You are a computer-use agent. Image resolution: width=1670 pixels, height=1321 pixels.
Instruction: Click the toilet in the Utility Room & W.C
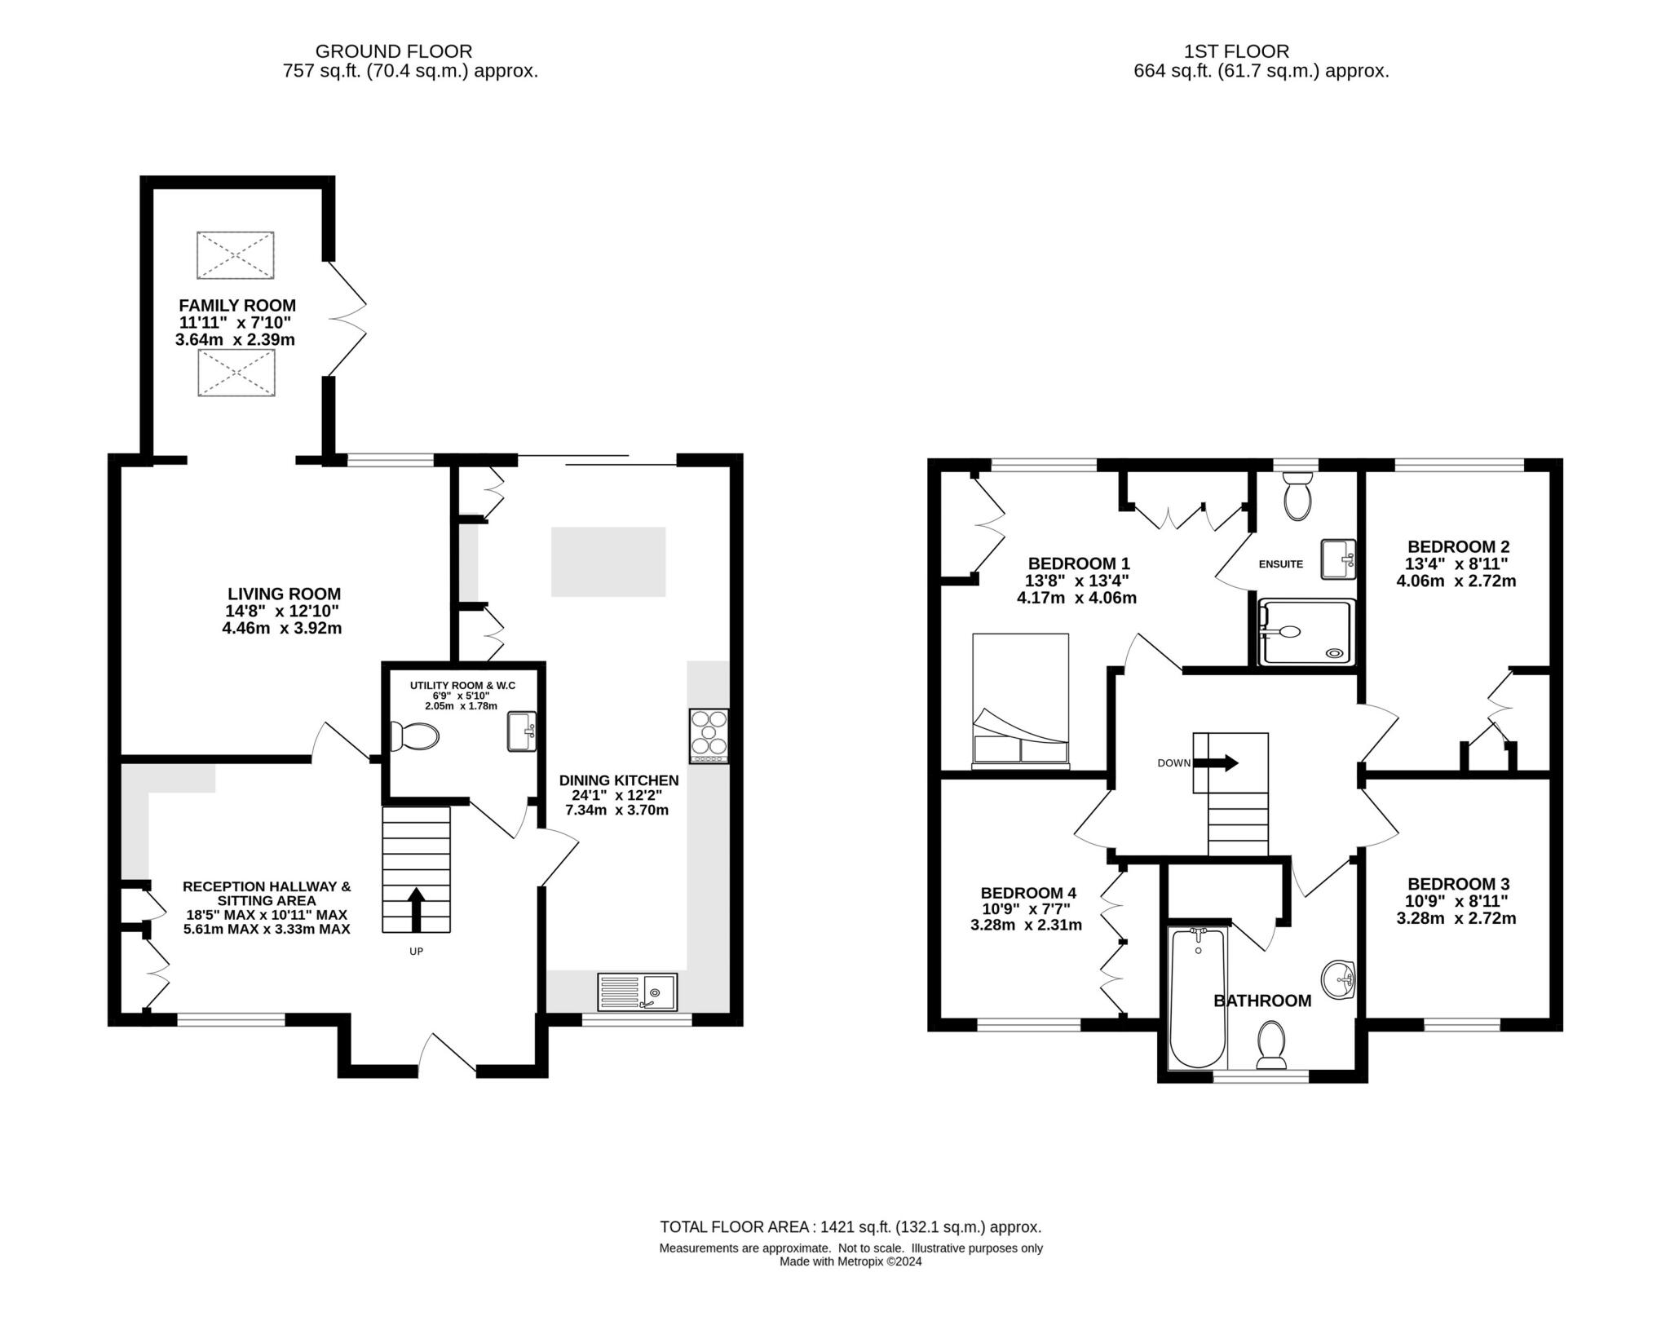point(414,736)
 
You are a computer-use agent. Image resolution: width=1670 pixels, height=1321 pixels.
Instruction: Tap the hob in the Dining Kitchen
point(709,736)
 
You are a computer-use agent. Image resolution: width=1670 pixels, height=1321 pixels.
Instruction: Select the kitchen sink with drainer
point(637,992)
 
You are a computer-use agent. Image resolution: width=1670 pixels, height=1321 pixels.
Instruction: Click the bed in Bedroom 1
point(1020,700)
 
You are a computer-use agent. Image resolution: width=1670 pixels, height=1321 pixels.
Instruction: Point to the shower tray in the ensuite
point(1306,632)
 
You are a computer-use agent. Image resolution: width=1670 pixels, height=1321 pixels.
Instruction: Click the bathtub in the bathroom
point(1198,998)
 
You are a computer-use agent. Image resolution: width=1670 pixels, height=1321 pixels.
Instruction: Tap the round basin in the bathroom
point(1338,979)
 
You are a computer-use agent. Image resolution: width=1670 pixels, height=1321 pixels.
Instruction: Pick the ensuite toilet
point(1297,497)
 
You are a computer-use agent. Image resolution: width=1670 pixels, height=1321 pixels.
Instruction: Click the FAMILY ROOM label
point(237,306)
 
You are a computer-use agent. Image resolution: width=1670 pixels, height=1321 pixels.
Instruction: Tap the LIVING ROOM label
point(284,594)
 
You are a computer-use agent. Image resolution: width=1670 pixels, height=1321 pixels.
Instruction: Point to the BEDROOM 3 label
point(1458,884)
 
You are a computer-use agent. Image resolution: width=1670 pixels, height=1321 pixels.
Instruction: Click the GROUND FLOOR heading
point(394,52)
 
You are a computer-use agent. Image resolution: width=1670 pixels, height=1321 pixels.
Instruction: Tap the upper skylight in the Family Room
point(235,255)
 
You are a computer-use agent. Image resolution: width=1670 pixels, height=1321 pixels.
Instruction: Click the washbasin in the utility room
point(522,731)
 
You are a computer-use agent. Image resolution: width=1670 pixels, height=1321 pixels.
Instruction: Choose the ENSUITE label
point(1281,564)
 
